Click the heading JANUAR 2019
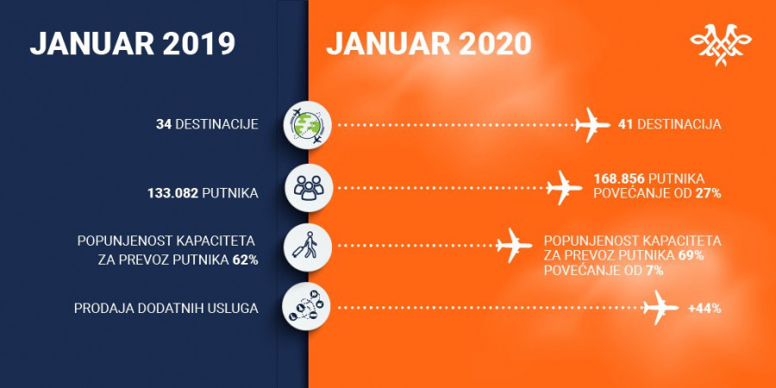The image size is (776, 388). click(132, 44)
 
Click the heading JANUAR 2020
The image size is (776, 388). click(429, 44)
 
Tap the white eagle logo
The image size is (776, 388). click(721, 45)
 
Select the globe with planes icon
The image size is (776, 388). click(307, 125)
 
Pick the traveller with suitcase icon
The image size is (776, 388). click(307, 247)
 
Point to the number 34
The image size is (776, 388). click(164, 124)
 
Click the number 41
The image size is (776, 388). click(626, 124)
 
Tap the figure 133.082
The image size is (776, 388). click(173, 193)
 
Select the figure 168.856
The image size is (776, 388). click(619, 179)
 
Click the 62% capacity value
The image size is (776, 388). click(246, 260)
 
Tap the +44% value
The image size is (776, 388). click(704, 309)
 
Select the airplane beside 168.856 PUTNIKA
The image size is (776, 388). click(565, 188)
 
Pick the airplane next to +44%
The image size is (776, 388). click(660, 307)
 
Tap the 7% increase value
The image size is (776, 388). click(655, 271)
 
